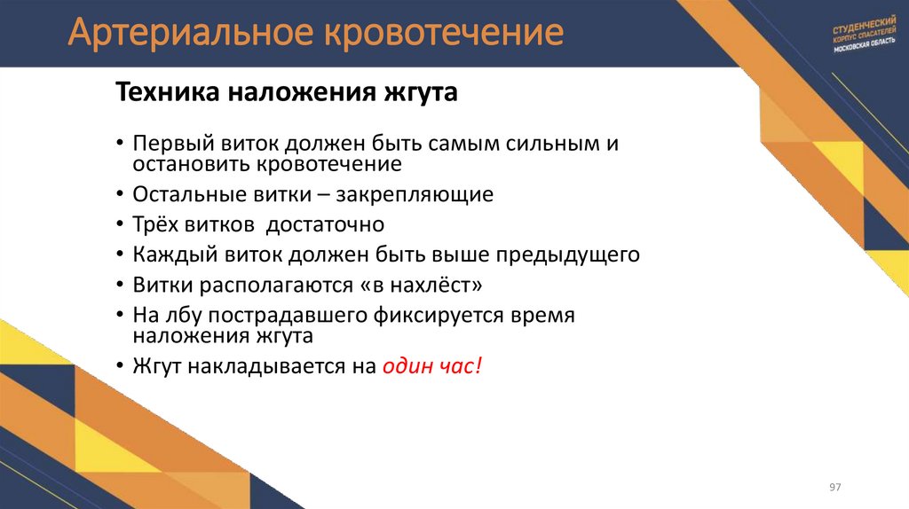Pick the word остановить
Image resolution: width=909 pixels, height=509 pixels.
tap(190, 164)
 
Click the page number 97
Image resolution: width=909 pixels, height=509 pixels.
tap(835, 489)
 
